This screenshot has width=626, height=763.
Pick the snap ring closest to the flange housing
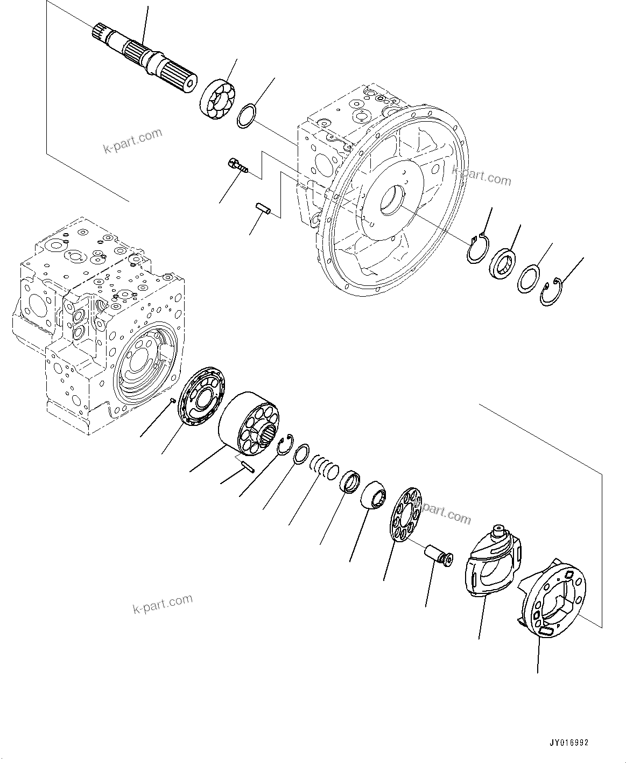coord(476,247)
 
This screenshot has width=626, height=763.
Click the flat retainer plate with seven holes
coord(407,514)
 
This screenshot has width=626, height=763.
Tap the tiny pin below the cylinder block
coord(247,466)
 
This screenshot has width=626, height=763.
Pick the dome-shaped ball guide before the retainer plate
coord(374,493)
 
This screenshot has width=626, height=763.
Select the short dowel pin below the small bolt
coord(262,208)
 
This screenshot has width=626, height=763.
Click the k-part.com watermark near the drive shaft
coord(132,141)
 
